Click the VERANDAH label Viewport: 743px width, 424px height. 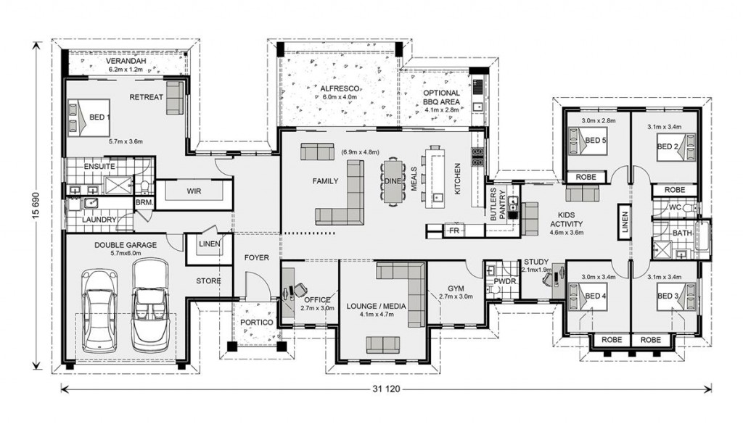pos(126,61)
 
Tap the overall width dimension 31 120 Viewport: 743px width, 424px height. pos(386,389)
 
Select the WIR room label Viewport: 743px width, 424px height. pos(194,191)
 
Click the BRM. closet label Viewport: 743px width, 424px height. pos(144,202)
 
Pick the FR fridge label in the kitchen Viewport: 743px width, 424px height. pos(454,230)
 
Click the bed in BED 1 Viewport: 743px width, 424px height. pos(89,118)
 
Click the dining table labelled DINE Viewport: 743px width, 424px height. pos(393,182)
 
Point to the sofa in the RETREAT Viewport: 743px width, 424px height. pos(175,98)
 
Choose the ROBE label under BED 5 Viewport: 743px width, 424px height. pos(586,177)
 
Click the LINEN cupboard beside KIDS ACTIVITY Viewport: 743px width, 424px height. pos(624,222)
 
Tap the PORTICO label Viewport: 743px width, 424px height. pos(256,323)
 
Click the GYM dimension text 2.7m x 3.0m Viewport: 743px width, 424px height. pos(456,296)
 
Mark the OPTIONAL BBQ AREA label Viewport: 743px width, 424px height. pos(442,97)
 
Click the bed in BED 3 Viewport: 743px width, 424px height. pos(676,296)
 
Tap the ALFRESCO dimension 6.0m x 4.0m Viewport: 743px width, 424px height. pos(340,97)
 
